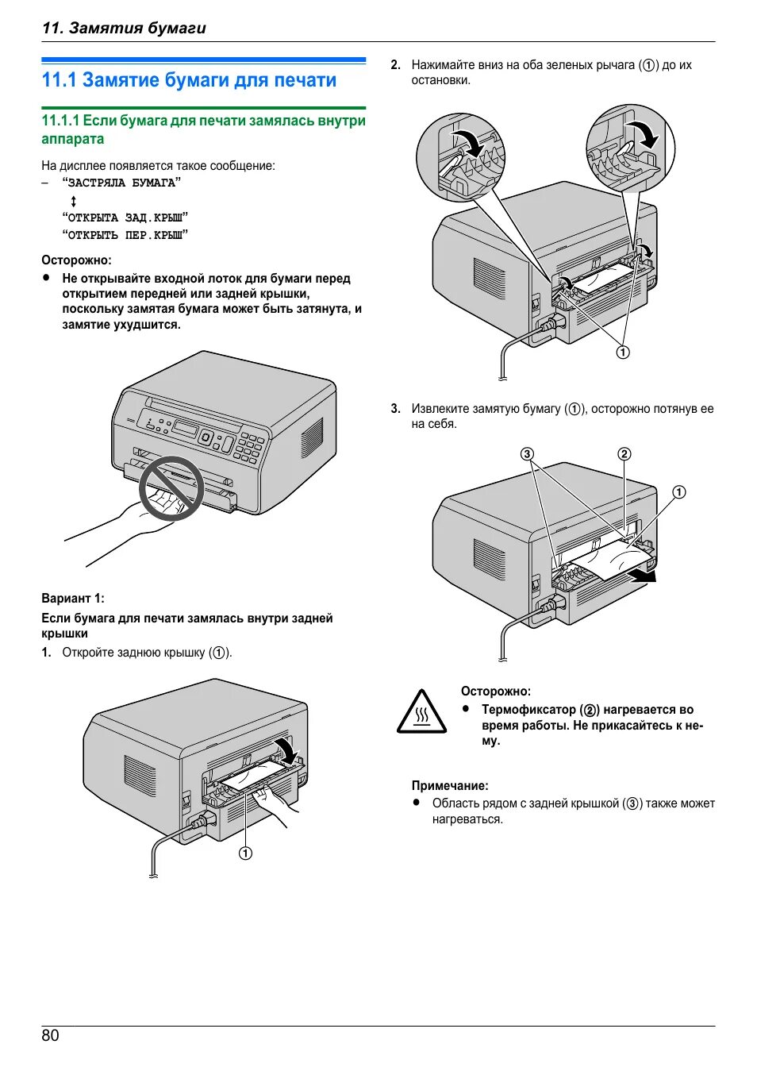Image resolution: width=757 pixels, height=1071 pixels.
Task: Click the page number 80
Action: point(50,1035)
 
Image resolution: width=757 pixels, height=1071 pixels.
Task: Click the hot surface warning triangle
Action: point(421,711)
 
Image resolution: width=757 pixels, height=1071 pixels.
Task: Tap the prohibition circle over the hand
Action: point(171,488)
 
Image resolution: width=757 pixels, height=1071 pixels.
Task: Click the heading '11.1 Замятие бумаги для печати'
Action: point(189,80)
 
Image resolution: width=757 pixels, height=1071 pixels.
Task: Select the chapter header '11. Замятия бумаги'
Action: point(124,28)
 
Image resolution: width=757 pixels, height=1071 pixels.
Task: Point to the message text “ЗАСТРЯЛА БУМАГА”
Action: point(121,183)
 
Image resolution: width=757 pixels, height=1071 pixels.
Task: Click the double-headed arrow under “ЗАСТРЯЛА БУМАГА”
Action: point(74,201)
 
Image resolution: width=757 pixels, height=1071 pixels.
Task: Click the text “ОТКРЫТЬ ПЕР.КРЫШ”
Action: point(125,235)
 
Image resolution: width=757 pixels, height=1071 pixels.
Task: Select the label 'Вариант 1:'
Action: point(73,599)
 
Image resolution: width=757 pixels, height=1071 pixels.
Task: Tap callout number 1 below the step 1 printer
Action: point(246,853)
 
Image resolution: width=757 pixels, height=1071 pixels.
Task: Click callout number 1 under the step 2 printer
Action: point(623,353)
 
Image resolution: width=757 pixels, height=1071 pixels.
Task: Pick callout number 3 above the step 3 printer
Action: point(527,454)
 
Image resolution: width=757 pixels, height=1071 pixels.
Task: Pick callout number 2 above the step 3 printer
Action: point(624,454)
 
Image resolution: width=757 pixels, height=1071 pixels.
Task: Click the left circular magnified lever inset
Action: point(460,156)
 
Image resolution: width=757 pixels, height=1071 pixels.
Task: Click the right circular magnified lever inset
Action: point(630,148)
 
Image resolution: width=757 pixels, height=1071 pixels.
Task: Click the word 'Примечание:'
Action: point(450,785)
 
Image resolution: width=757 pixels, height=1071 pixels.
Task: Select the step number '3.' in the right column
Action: point(396,409)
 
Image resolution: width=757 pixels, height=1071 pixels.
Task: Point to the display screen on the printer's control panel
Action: point(185,428)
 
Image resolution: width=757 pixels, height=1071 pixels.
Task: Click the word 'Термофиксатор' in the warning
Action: point(528,710)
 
